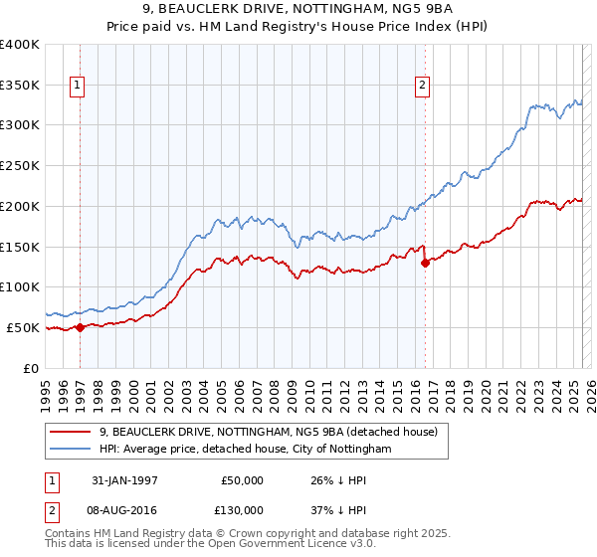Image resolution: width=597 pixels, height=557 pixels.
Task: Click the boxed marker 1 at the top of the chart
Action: [77, 87]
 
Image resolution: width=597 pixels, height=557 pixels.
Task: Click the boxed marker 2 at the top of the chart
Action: [423, 87]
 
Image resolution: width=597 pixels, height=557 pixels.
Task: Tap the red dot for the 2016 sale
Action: [425, 263]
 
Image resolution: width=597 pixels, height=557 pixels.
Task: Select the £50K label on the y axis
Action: [23, 327]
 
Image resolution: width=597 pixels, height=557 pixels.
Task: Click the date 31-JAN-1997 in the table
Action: [123, 480]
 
